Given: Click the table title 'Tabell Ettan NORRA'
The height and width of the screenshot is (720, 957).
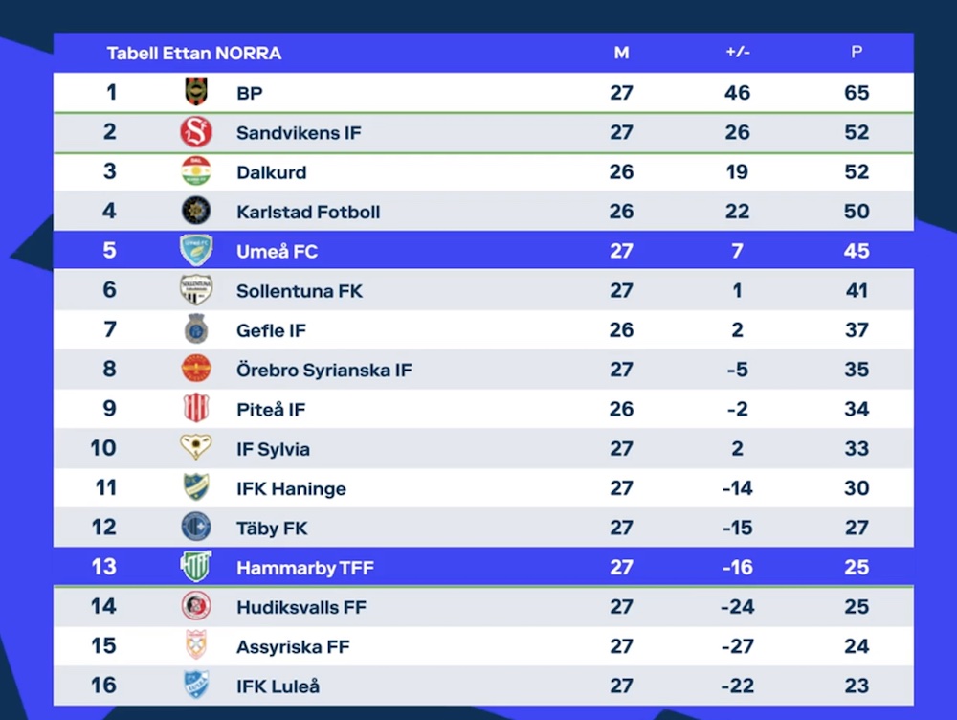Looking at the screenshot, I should tap(194, 54).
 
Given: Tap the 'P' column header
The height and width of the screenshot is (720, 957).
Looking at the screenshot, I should tap(857, 53).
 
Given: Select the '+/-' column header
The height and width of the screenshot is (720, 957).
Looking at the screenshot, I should tap(738, 53).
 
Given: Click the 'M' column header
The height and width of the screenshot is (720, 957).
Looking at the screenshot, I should tap(621, 53).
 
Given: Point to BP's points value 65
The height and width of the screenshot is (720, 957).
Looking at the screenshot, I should tap(857, 93).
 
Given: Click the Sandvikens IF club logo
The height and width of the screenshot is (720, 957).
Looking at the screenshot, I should tap(196, 132).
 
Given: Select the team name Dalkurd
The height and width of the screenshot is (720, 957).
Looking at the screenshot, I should tap(272, 172).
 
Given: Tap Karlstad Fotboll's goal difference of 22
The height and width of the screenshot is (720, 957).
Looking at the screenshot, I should tap(737, 212).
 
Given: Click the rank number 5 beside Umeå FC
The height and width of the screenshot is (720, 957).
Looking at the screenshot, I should tap(110, 251).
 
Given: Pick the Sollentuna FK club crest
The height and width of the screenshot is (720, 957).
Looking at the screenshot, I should tap(196, 290).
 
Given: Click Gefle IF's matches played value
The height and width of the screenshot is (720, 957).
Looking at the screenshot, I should tap(621, 330).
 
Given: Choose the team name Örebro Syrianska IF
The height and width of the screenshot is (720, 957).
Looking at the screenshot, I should tap(324, 370).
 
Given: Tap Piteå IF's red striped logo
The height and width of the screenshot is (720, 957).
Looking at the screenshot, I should tap(196, 409).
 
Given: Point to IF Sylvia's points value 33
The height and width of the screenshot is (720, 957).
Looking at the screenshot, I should tap(857, 449).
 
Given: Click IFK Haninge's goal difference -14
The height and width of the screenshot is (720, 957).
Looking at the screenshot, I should tap(737, 488).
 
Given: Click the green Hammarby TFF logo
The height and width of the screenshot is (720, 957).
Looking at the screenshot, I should tap(196, 567).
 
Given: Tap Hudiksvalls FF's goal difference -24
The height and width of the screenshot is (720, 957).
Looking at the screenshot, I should tap(737, 607).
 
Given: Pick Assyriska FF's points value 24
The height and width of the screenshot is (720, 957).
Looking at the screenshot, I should tap(857, 646).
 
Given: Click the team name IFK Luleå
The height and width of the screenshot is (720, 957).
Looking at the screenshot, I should tap(278, 686).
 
